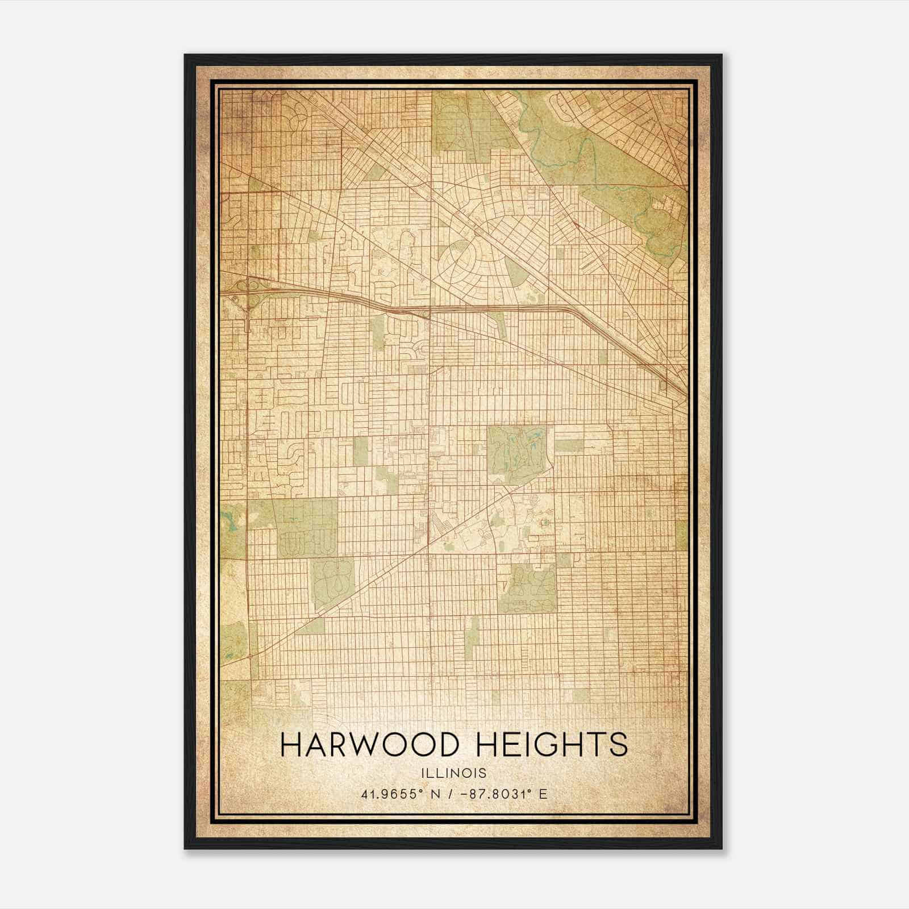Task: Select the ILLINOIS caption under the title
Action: [x=454, y=773]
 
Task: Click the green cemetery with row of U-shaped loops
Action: [x=307, y=528]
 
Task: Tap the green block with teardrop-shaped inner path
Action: [x=332, y=583]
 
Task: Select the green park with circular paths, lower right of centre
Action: [x=528, y=588]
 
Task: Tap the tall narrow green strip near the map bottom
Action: [x=472, y=639]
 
